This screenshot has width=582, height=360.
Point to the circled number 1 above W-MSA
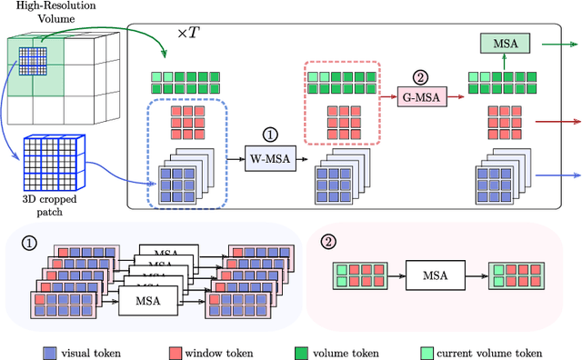[270, 132]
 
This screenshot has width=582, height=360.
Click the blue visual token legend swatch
[50, 353]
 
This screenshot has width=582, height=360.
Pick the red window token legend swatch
[175, 353]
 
